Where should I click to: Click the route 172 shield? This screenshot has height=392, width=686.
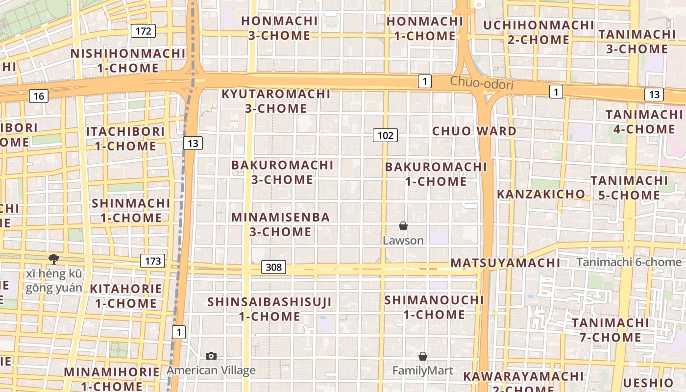click(143, 31)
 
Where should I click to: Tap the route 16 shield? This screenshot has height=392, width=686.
click(38, 96)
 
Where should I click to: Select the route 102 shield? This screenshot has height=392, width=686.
click(385, 135)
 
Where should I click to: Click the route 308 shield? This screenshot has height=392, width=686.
click(274, 267)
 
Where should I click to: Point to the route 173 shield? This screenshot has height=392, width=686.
click(153, 261)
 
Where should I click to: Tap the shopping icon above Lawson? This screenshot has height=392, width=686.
click(403, 226)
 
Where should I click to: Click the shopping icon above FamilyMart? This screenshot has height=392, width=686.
click(423, 356)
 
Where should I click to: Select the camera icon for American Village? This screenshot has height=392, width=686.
click(211, 356)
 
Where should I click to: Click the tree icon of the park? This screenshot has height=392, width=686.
click(53, 259)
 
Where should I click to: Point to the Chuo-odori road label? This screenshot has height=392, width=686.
click(482, 83)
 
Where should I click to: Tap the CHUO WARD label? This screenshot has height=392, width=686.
click(474, 131)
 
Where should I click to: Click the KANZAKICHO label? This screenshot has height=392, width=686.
click(541, 194)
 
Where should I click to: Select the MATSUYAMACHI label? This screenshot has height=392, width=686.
click(505, 263)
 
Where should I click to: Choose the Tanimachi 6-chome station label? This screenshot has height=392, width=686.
click(629, 262)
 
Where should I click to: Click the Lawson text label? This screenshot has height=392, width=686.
click(403, 241)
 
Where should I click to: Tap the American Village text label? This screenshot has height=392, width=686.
click(211, 370)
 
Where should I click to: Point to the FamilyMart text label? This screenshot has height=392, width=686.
click(423, 371)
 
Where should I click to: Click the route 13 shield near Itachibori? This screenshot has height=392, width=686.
click(193, 143)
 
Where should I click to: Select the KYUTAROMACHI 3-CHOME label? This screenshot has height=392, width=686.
click(276, 101)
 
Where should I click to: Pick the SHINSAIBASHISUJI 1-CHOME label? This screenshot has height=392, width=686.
click(269, 309)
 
